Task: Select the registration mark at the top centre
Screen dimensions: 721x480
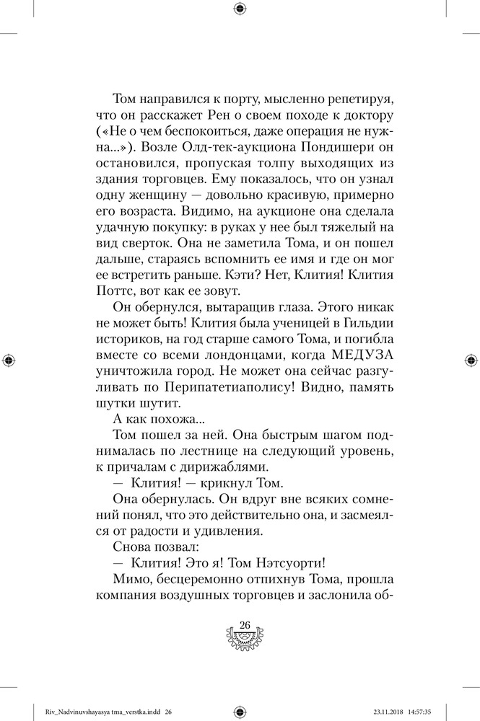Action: [x=240, y=8]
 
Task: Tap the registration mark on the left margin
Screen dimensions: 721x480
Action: [x=8, y=359]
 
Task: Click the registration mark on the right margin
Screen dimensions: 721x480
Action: [x=471, y=359]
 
